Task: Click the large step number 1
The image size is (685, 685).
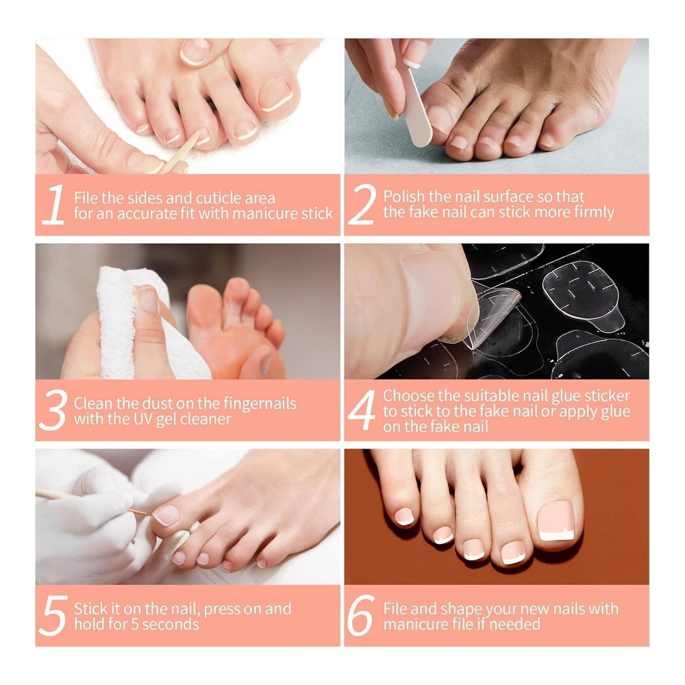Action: point(53,204)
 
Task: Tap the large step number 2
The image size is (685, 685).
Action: point(362,204)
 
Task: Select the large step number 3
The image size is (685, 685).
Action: point(53,410)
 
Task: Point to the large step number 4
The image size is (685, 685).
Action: point(362,410)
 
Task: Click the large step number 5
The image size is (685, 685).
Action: point(53,615)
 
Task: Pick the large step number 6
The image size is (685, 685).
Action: point(361,615)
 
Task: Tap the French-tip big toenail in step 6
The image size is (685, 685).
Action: point(556,521)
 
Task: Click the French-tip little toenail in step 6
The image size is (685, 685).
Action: point(405,516)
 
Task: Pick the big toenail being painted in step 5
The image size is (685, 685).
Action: point(168,515)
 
